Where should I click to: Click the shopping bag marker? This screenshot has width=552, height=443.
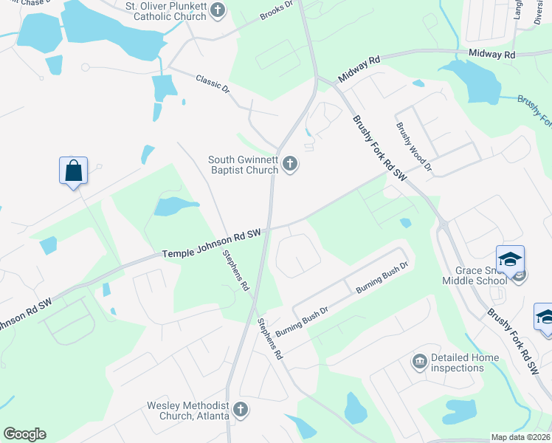point(73,171)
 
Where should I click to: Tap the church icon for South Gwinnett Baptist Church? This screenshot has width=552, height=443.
point(291,165)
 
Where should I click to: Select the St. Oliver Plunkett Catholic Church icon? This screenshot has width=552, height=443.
point(217,10)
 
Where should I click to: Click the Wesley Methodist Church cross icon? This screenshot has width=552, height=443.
point(240,409)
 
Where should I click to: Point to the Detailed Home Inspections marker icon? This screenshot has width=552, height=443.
point(419,361)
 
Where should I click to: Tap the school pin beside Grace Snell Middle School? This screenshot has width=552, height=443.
point(510,260)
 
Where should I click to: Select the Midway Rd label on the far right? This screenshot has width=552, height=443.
point(493,55)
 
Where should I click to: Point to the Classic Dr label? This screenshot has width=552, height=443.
point(213,83)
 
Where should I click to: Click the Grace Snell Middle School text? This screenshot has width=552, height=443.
point(474,275)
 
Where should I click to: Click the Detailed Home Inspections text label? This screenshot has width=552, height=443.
point(464,363)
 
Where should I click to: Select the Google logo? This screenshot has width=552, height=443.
point(24,434)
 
